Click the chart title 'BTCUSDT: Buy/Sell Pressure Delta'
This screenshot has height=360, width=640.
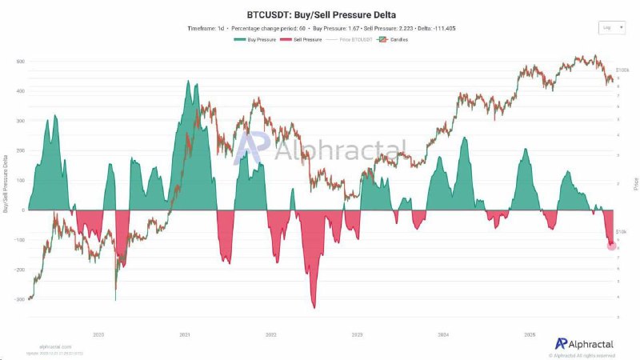tap(319, 14)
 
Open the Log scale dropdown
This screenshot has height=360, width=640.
tap(610, 27)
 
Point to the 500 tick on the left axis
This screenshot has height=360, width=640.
tap(20, 62)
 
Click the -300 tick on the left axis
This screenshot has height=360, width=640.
tap(19, 299)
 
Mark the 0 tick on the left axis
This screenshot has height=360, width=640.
tap(23, 210)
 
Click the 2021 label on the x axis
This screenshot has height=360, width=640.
tap(185, 335)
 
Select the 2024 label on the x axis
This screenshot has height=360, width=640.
tap(443, 335)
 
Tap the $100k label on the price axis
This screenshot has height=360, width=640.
tap(621, 70)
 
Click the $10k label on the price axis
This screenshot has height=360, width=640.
tap(621, 233)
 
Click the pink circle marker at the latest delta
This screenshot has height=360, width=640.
tap(612, 246)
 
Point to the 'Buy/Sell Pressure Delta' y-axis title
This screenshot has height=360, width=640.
tap(6, 180)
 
